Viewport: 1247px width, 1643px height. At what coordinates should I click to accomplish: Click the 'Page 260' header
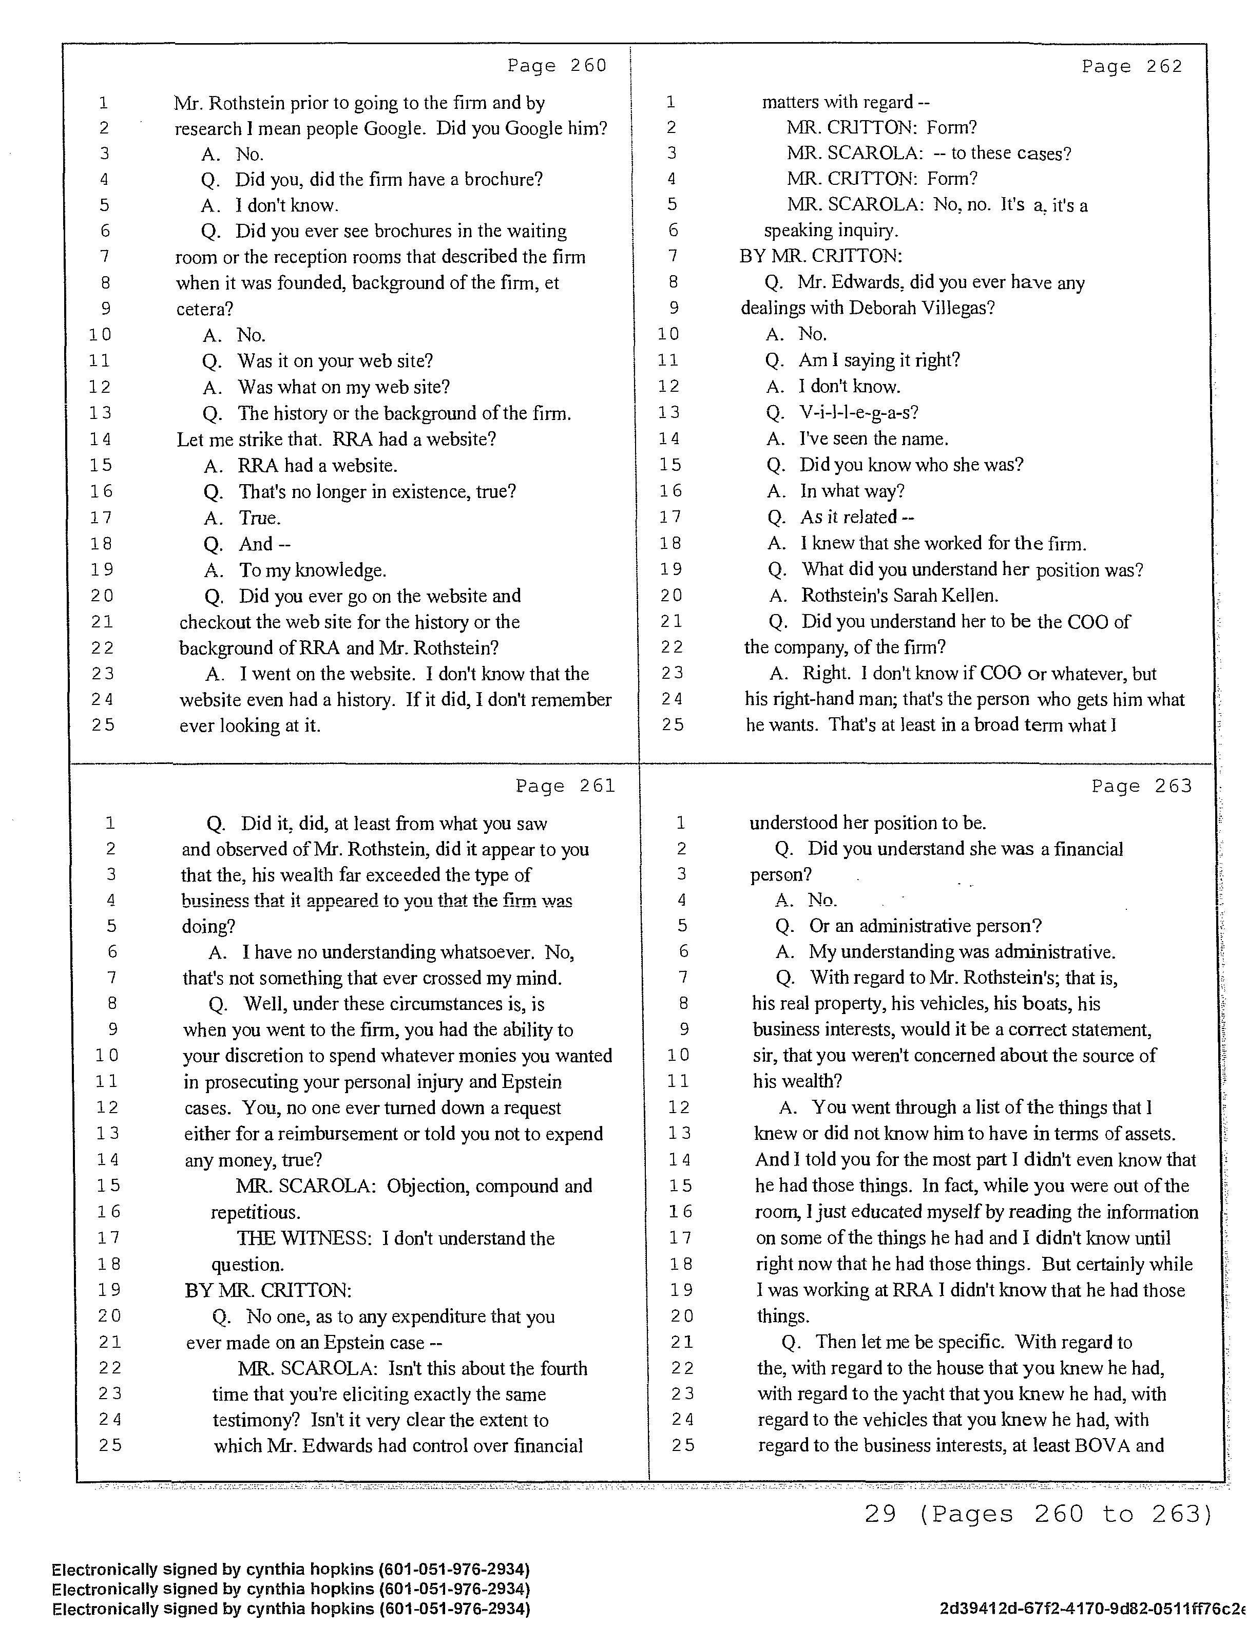[x=557, y=66]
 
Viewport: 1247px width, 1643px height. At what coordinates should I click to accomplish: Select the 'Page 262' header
[x=1131, y=67]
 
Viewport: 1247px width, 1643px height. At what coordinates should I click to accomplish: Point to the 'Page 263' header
[x=1141, y=786]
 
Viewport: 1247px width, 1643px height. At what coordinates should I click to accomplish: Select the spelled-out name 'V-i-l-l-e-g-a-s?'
[x=858, y=412]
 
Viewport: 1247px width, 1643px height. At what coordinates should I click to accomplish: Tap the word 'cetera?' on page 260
[x=204, y=309]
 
